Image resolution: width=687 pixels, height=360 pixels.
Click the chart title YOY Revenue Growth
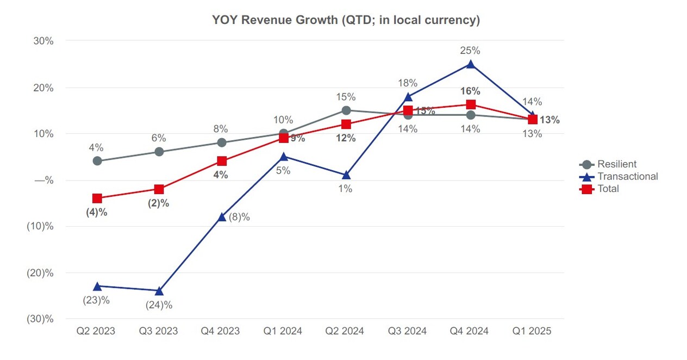346,20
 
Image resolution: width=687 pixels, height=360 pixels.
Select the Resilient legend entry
616,164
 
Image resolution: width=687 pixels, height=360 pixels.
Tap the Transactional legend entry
627,176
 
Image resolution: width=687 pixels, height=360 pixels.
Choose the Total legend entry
608,189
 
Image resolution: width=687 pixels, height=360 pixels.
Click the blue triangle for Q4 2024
470,65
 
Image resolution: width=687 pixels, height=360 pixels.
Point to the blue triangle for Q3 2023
159,291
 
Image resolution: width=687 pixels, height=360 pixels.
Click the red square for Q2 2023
97,198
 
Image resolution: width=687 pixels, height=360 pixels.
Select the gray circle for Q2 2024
346,110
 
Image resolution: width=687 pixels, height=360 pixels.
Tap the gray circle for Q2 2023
97,161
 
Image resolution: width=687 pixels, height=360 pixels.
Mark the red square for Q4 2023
222,161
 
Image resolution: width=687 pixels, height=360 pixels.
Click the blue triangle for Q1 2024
284,157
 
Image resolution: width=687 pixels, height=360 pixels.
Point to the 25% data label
470,51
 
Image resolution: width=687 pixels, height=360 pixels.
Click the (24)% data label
159,305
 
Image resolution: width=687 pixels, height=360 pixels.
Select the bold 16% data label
470,91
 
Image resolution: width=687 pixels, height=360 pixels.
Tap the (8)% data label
239,218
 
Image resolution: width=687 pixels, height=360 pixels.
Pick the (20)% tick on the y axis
40,273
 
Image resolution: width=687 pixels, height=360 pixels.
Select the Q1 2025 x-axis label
532,331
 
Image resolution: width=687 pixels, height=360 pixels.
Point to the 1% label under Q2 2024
346,189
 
